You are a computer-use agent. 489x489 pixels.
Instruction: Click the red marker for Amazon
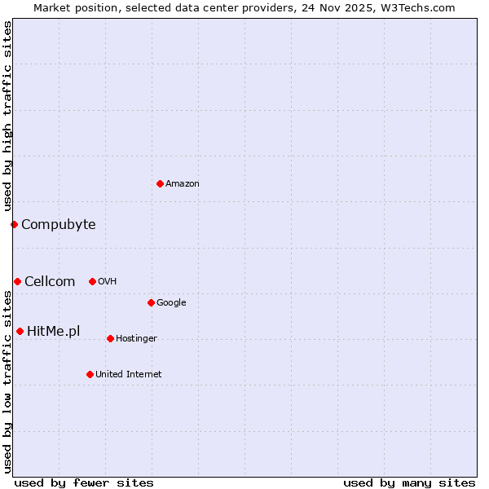click(160, 183)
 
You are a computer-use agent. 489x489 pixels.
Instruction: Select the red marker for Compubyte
click(14, 224)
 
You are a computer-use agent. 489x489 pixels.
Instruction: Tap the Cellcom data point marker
click(17, 281)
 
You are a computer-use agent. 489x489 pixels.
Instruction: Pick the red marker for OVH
click(92, 281)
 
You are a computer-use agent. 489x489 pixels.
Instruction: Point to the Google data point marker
click(151, 302)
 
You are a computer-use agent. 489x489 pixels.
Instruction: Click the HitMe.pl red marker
click(20, 331)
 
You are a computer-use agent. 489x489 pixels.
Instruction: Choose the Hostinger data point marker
click(110, 338)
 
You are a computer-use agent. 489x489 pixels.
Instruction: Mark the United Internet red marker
click(90, 374)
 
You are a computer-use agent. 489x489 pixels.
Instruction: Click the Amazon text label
click(183, 184)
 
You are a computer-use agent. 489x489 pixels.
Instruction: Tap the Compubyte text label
click(58, 225)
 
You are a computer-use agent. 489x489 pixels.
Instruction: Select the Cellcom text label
click(50, 282)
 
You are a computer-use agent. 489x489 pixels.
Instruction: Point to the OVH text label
click(107, 282)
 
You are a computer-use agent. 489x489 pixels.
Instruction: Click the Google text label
click(171, 303)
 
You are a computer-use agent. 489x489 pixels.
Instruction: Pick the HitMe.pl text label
click(53, 332)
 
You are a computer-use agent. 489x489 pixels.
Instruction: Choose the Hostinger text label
click(136, 339)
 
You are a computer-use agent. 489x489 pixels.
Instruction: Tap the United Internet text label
click(129, 375)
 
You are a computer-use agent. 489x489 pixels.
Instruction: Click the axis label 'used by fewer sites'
click(84, 482)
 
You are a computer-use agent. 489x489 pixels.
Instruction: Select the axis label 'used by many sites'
click(409, 482)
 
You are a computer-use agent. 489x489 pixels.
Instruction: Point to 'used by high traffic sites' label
click(7, 117)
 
